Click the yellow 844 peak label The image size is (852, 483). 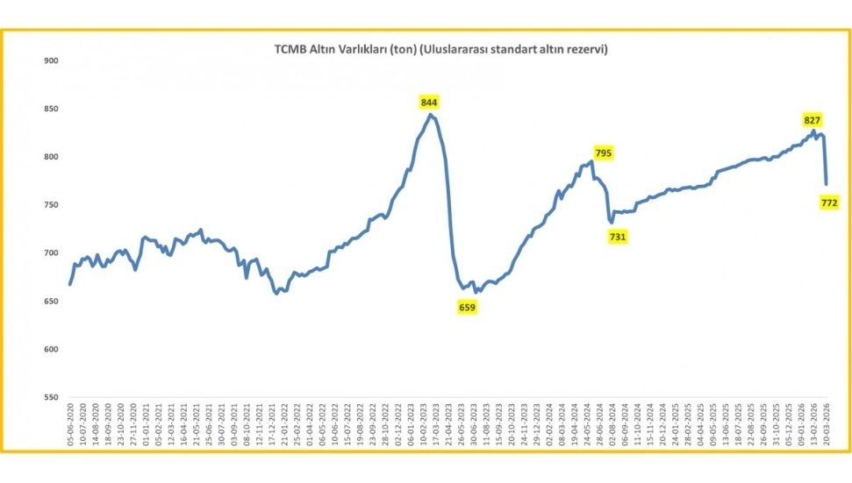click(x=429, y=103)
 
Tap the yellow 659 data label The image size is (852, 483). click(x=467, y=307)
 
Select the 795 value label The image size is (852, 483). click(x=603, y=153)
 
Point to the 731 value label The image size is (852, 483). click(x=618, y=237)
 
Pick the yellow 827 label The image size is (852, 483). click(x=813, y=119)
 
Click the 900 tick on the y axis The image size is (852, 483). click(x=50, y=60)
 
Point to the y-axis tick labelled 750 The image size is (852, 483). click(x=50, y=205)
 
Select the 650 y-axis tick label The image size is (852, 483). click(x=50, y=302)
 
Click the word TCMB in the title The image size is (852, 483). click(x=290, y=50)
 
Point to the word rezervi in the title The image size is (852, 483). click(x=588, y=50)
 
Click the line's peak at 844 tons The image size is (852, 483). click(x=430, y=114)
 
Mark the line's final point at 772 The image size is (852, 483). click(x=826, y=184)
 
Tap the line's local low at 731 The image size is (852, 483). click(x=611, y=222)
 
